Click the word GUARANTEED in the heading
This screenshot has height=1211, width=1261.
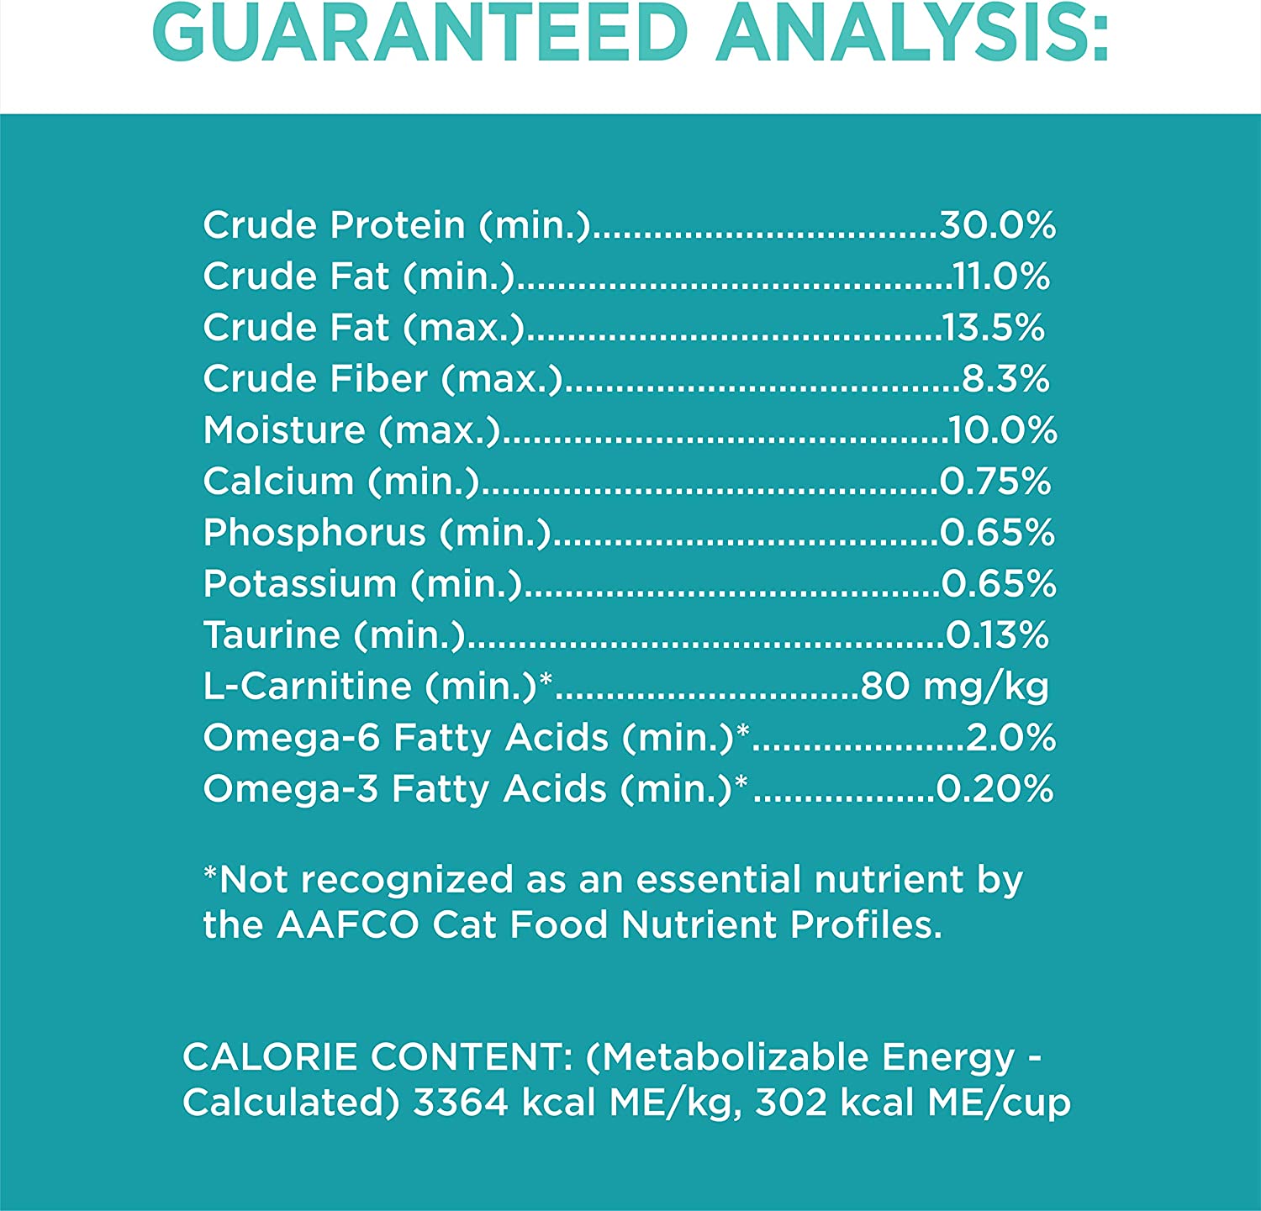pyautogui.click(x=420, y=34)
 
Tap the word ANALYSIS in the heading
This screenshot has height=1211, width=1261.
pyautogui.click(x=912, y=34)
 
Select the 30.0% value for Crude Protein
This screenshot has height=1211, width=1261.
pyautogui.click(x=997, y=225)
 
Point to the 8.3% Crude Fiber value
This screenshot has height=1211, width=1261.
pyautogui.click(x=1005, y=379)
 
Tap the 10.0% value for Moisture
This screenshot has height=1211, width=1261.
pyautogui.click(x=1002, y=430)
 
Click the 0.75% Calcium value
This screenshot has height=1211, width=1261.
pyautogui.click(x=995, y=482)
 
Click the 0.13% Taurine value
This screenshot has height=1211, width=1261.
pyautogui.click(x=997, y=635)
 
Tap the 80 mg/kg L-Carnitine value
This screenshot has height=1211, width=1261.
pyautogui.click(x=954, y=687)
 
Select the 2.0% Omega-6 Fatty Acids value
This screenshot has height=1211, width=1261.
pyautogui.click(x=1010, y=738)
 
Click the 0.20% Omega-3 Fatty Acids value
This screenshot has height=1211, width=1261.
pyautogui.click(x=995, y=789)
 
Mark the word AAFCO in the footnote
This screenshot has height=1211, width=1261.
pyautogui.click(x=347, y=925)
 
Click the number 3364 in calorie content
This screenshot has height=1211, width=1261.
pyautogui.click(x=461, y=1103)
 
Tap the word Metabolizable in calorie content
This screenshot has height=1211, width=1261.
pyautogui.click(x=736, y=1057)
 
